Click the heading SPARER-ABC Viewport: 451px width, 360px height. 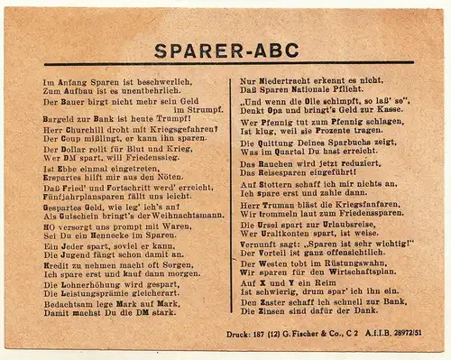tap(225, 51)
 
